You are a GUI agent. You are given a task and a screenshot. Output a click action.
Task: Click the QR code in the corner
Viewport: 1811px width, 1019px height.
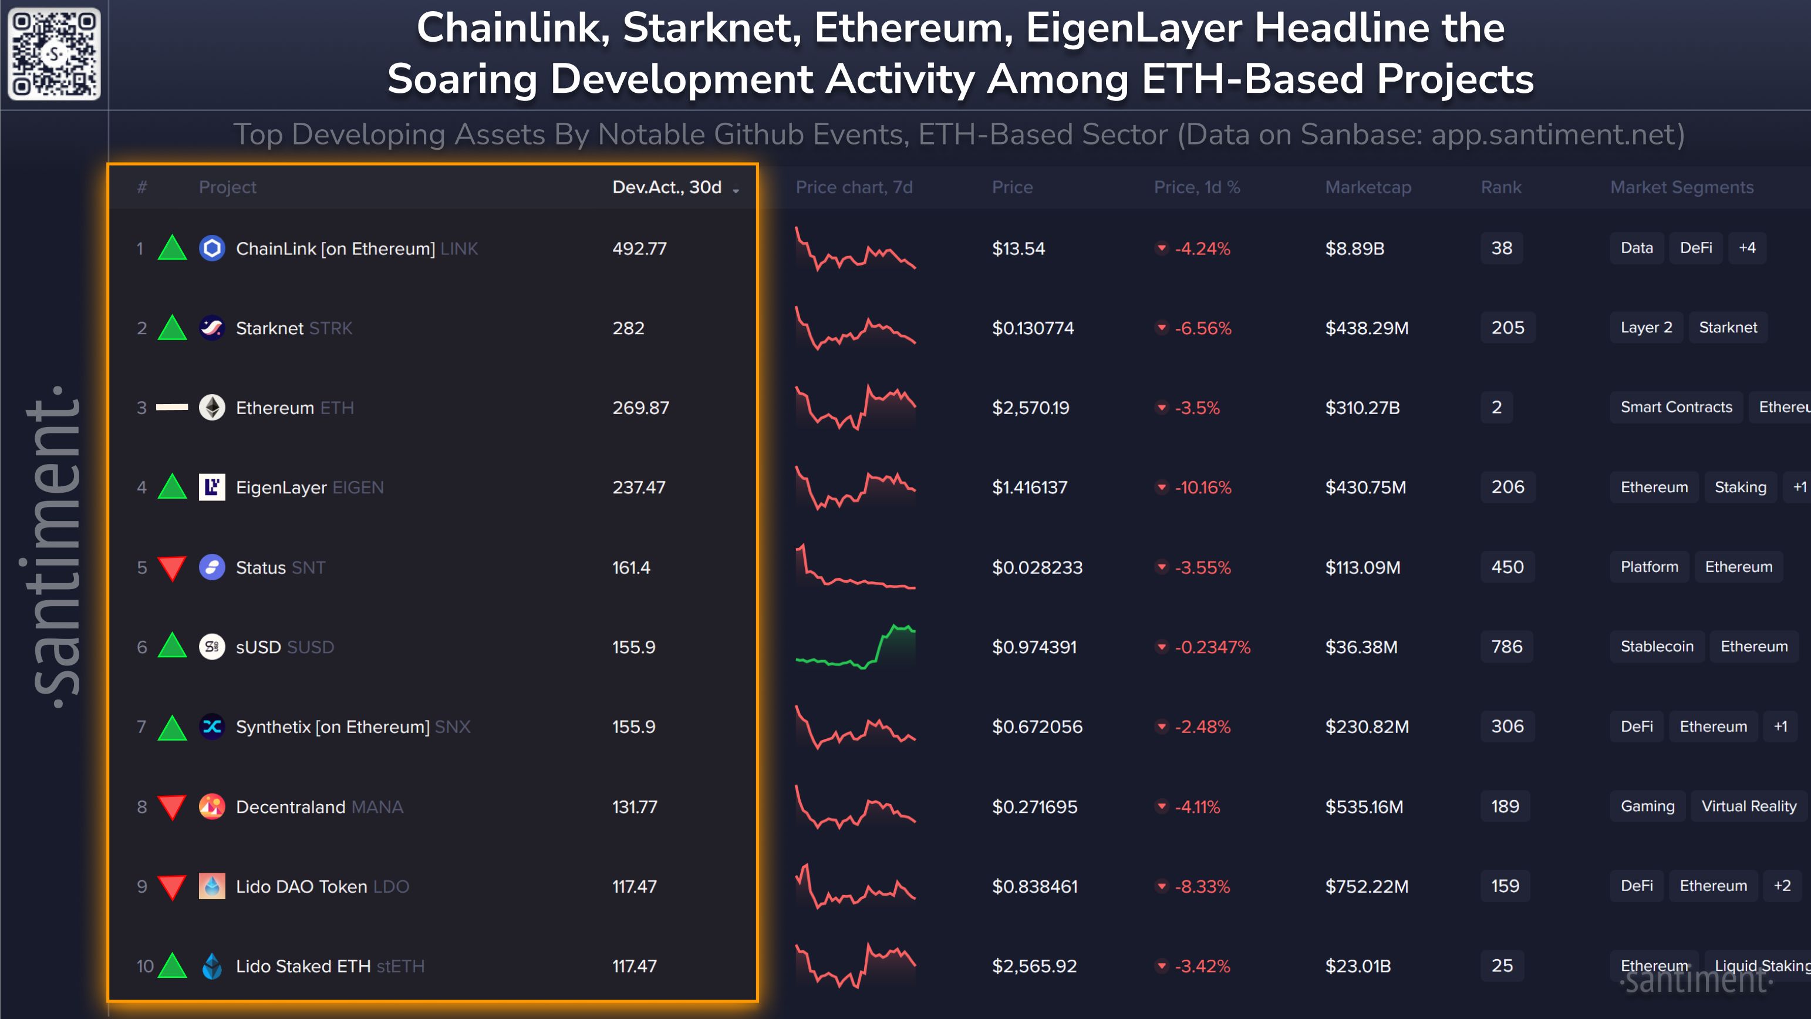(54, 54)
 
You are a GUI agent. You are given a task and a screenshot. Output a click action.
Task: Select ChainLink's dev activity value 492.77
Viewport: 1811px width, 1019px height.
(639, 248)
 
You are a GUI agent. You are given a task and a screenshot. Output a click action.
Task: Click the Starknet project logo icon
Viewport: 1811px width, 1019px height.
(211, 328)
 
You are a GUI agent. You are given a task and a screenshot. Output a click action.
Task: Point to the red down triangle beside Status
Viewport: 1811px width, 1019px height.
(172, 568)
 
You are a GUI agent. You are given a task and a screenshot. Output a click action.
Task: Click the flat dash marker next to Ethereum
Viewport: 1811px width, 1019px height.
(172, 407)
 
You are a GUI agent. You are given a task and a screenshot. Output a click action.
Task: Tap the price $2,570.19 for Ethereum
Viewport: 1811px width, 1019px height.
(1030, 408)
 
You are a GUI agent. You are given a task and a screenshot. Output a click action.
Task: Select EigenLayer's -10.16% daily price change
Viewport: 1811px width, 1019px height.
(1202, 487)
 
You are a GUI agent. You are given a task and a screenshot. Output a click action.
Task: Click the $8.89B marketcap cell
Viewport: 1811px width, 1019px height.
(1354, 248)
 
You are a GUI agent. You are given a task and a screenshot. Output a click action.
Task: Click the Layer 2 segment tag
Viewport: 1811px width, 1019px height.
(1646, 328)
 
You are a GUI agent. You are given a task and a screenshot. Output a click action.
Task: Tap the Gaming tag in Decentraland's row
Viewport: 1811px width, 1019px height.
(1647, 806)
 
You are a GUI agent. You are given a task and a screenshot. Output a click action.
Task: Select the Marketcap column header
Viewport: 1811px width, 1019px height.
(1367, 187)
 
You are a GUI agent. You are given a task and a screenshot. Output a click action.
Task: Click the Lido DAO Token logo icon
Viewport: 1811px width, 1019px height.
(211, 886)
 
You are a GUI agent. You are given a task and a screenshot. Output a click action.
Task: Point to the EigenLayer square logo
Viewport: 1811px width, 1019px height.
(211, 487)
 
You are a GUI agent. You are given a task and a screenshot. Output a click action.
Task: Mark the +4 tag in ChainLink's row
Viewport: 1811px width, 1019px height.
(1747, 247)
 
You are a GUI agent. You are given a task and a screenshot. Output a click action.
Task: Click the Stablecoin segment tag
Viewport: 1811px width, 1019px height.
(1657, 646)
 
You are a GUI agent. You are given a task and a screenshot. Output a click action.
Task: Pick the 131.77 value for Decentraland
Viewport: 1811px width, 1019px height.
(634, 806)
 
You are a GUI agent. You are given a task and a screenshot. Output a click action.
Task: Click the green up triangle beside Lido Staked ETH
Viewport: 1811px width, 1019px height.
(172, 966)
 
